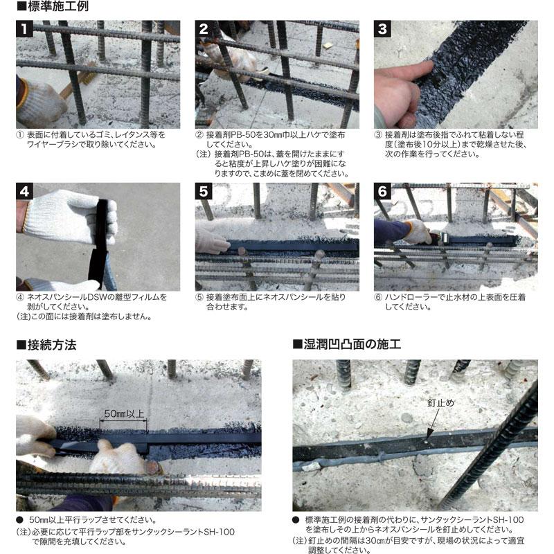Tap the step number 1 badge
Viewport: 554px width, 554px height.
pos(25,29)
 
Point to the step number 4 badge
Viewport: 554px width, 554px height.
pos(25,192)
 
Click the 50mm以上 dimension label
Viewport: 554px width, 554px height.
pos(124,414)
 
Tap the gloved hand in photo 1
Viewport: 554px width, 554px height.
pos(39,101)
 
